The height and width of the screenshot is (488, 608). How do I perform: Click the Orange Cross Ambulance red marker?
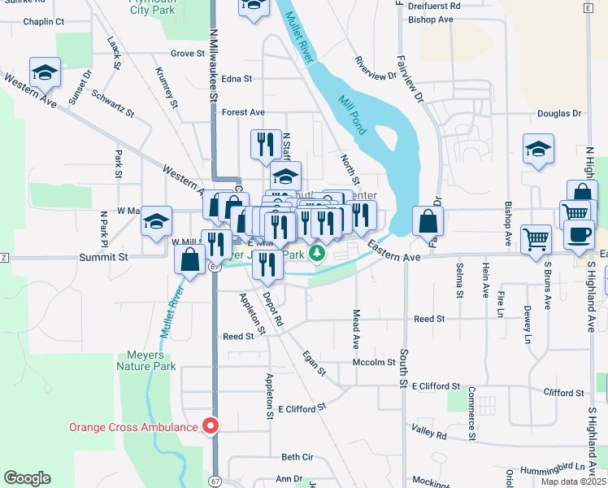(211, 426)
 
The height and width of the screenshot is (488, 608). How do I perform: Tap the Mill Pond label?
(354, 113)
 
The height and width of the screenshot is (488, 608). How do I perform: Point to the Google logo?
(27, 478)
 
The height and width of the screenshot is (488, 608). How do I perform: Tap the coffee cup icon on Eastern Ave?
(579, 234)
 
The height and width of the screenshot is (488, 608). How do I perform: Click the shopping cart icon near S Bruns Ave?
(536, 239)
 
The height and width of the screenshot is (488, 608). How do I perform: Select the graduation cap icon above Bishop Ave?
(537, 149)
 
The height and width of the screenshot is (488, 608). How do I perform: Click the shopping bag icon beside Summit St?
(190, 260)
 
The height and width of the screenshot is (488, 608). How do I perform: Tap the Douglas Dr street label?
(559, 115)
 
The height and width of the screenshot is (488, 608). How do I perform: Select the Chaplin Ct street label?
(44, 22)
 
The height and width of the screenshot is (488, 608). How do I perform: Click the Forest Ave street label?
(244, 112)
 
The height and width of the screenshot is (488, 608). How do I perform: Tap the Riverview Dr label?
(376, 69)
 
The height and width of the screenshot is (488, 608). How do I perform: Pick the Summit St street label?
(104, 257)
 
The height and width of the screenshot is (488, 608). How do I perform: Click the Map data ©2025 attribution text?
(572, 481)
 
